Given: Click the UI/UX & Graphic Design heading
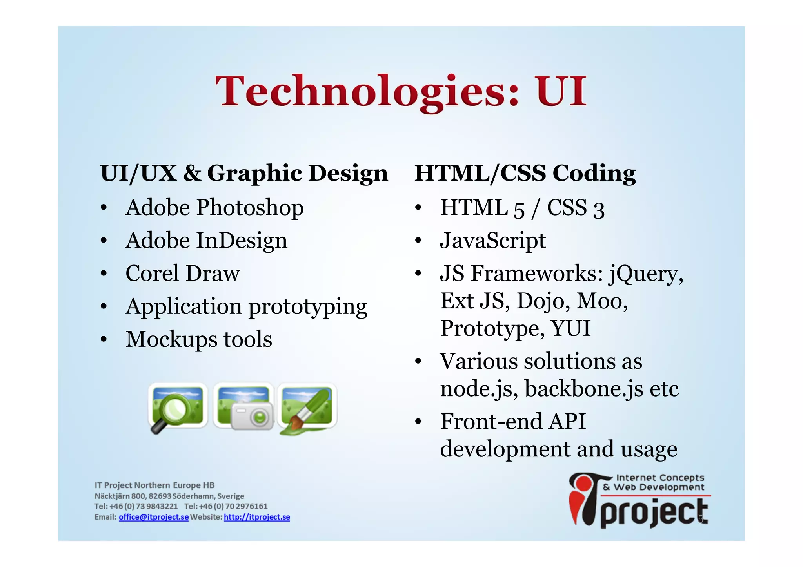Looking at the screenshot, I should click(x=244, y=173).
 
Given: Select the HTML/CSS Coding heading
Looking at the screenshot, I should click(x=525, y=173).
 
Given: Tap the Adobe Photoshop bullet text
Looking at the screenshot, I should click(x=214, y=207).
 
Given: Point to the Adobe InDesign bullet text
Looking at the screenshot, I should click(x=206, y=240).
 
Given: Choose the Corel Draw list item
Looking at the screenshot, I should click(x=182, y=273).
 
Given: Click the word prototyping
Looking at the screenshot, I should click(x=308, y=307).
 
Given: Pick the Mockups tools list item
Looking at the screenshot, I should click(x=198, y=339).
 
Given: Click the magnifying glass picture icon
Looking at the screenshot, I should click(x=177, y=408).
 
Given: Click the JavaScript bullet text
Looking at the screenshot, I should click(x=492, y=240).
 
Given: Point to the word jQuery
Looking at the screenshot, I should click(x=645, y=274).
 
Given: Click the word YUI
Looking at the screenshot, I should click(x=570, y=328).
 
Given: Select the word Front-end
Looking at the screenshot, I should click(x=491, y=422).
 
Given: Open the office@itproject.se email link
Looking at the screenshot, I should click(x=154, y=517).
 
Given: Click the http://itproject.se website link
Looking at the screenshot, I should click(x=257, y=517).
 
